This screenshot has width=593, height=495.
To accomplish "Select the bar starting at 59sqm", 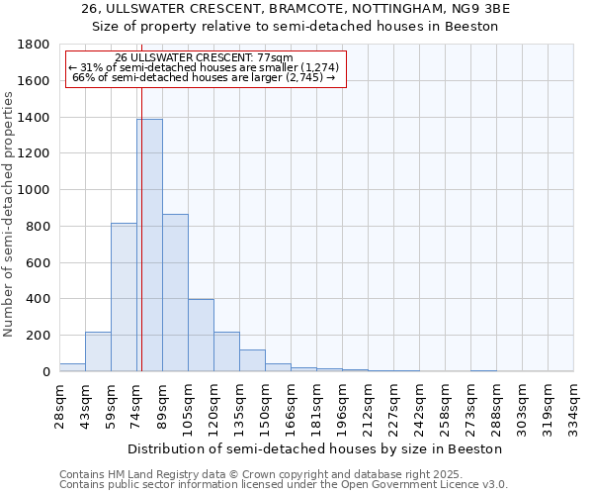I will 124,297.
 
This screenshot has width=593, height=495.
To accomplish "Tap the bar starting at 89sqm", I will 175,292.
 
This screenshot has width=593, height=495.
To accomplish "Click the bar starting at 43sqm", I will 98,351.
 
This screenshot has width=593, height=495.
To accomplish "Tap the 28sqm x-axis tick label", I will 60,402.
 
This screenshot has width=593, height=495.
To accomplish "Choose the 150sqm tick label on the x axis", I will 266,405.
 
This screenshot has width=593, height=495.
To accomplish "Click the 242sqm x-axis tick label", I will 420,405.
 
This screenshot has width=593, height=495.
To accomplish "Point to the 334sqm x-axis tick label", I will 574,405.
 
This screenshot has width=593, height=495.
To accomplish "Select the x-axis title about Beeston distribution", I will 316,448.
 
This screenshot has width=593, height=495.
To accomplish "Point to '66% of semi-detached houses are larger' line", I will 206,77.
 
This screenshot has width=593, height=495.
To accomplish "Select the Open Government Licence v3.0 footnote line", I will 283,485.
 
